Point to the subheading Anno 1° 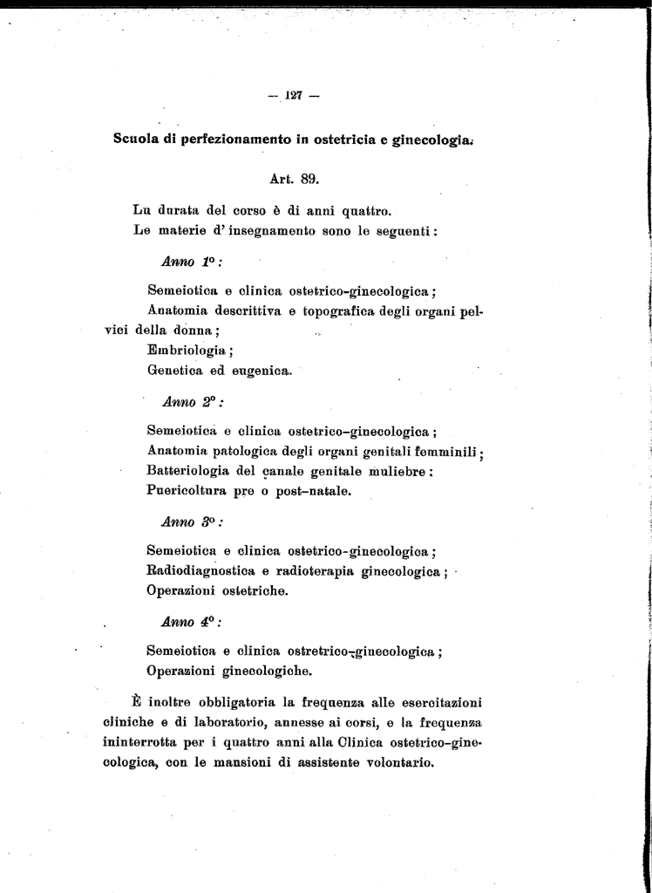(187, 261)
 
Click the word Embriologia (187, 351)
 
